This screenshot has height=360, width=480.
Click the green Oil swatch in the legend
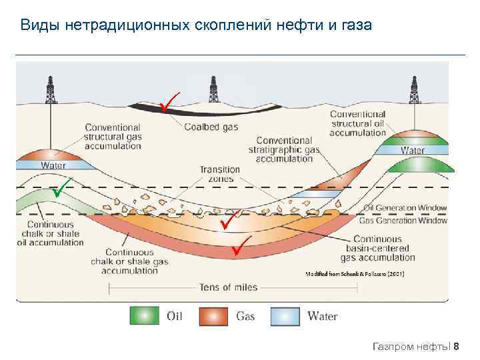point(145,315)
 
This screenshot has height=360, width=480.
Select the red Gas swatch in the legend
point(217,315)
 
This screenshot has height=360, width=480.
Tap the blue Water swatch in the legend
point(289,315)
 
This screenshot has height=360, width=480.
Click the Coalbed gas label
point(211,127)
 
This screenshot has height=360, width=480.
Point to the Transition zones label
point(219,175)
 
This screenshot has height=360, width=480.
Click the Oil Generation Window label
point(405,208)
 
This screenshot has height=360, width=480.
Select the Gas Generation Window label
point(403,220)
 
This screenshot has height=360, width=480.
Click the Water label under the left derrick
point(53,165)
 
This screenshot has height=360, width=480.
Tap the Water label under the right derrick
point(412,151)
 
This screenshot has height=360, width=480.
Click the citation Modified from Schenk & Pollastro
point(355,274)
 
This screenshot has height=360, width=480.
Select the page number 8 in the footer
point(465,346)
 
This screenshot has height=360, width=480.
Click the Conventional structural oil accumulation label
point(358,123)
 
